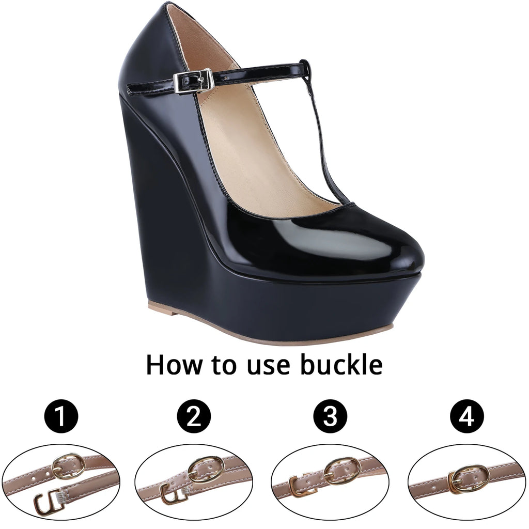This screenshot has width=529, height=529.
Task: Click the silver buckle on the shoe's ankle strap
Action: (x=193, y=82)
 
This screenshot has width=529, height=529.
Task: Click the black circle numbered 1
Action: (x=61, y=416)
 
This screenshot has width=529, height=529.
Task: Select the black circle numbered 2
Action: (x=194, y=416)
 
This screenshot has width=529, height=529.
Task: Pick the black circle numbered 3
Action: (x=330, y=416)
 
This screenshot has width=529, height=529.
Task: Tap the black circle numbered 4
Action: (x=466, y=416)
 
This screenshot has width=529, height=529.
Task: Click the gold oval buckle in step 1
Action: (x=69, y=466)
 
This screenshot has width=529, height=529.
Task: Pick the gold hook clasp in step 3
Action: (x=301, y=485)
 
